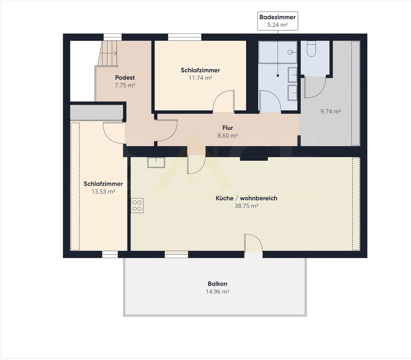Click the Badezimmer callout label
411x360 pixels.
[277, 21]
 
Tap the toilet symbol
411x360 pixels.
[311, 49]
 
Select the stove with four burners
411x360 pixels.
[137, 206]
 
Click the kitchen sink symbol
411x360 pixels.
[156, 162]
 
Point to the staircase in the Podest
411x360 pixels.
[107, 53]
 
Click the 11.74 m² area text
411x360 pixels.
[200, 78]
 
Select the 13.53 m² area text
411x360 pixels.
[103, 191]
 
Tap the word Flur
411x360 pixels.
[227, 127]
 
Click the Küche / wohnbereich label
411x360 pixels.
[247, 198]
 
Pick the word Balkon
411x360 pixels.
[217, 284]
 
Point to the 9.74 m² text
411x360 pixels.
[330, 111]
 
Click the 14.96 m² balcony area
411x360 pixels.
[217, 291]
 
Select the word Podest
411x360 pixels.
[125, 78]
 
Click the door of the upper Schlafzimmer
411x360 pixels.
[224, 101]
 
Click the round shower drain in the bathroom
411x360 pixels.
[290, 52]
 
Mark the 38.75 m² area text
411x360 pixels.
[247, 206]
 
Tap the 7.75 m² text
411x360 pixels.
[125, 85]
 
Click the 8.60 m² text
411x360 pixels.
[227, 135]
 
